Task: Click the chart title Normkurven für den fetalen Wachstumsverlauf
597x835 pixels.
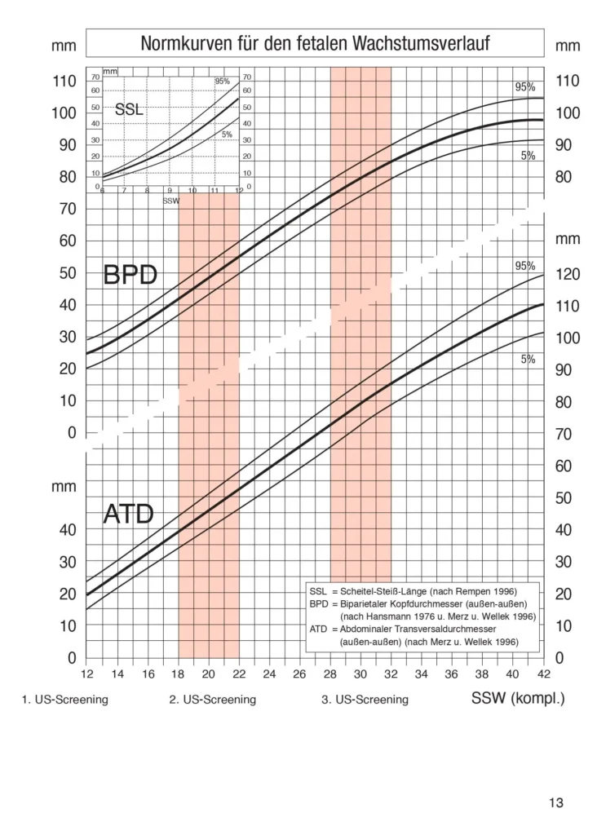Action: [x=315, y=44]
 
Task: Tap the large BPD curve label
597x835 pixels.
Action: [x=130, y=276]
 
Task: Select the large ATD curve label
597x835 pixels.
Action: [x=130, y=514]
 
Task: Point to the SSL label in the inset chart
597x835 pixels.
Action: [x=129, y=109]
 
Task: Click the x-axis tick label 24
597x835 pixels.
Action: [x=269, y=674]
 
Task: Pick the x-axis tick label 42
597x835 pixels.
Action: [x=544, y=674]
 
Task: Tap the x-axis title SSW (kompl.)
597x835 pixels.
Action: [x=517, y=699]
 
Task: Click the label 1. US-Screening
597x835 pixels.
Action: [x=64, y=700]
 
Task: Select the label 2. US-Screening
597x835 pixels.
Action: [x=212, y=700]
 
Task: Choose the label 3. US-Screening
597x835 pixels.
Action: [x=365, y=700]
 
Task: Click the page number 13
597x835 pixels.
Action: [x=555, y=803]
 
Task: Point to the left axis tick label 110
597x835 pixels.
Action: [x=64, y=82]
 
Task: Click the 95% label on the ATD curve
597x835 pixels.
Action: [x=524, y=266]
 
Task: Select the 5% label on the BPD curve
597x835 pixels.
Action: [x=528, y=156]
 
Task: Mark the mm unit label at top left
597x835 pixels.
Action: [x=64, y=46]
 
